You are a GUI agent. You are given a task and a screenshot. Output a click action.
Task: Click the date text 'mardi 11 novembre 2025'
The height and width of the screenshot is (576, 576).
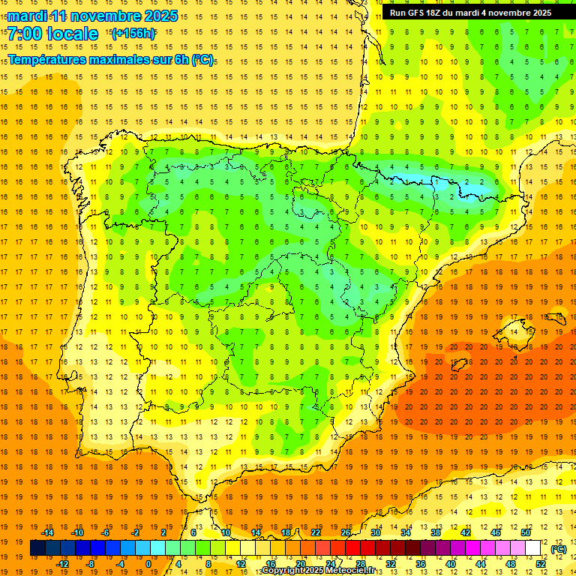pyautogui.click(x=93, y=16)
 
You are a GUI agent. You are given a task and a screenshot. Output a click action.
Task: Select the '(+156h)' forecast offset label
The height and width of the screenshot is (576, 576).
pyautogui.click(x=133, y=33)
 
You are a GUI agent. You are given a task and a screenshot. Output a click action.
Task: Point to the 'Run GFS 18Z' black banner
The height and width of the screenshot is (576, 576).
pyautogui.click(x=470, y=13)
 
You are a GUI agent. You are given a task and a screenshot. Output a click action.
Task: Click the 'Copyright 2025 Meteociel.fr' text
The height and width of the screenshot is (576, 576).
pyautogui.click(x=318, y=571)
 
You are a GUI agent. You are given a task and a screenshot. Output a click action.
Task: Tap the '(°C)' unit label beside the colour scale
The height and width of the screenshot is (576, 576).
pyautogui.click(x=558, y=549)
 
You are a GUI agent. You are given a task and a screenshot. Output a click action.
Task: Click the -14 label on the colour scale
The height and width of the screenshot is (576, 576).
pyautogui.click(x=48, y=532)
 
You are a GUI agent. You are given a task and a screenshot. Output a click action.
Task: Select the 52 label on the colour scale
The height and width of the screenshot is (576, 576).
pyautogui.click(x=541, y=564)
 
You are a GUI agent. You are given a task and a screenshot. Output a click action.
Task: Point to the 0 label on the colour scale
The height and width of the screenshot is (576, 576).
pyautogui.click(x=149, y=564)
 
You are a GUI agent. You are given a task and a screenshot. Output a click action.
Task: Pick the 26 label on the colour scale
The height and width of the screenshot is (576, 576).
pyautogui.click(x=346, y=532)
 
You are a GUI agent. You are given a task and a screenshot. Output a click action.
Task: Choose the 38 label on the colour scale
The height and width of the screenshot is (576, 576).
pyautogui.click(x=435, y=532)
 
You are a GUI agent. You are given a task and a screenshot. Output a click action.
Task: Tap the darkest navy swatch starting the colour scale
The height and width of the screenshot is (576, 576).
pyautogui.click(x=37, y=548)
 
